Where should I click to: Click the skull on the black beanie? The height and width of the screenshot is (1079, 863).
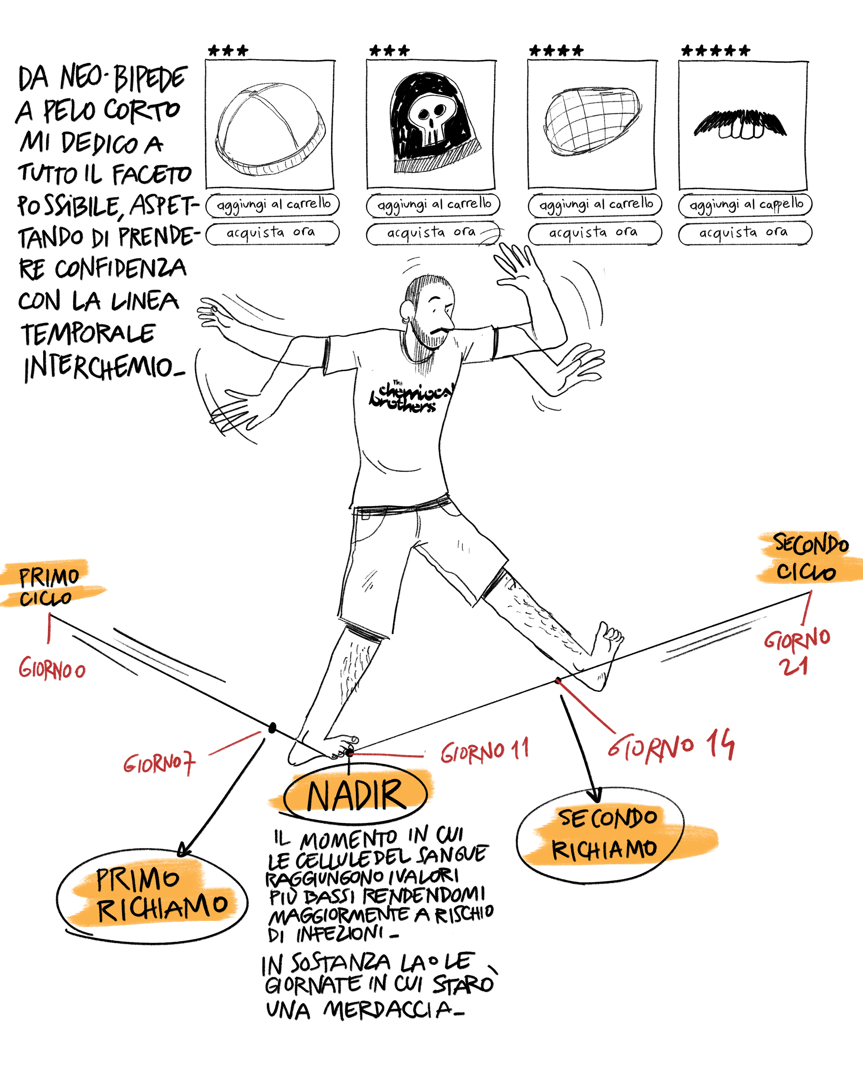pos(429,120)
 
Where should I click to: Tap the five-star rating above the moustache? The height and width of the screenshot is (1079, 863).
pos(715,50)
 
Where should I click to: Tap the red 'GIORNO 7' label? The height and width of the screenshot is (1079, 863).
pos(159,764)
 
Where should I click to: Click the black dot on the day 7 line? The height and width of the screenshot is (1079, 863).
pos(272,728)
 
